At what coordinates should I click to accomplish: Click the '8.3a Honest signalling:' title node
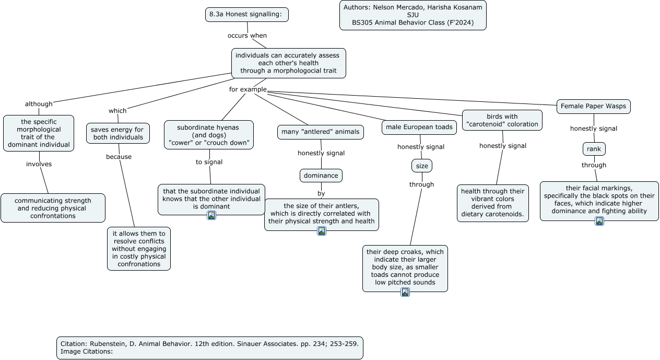click(x=247, y=15)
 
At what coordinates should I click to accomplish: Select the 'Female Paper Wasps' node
click(x=593, y=107)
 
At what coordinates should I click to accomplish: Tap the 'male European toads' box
click(x=419, y=127)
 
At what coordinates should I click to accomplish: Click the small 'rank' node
click(x=594, y=149)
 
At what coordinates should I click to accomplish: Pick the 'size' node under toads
click(x=422, y=166)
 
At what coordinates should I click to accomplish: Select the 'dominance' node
click(x=321, y=176)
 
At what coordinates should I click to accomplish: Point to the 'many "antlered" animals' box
click(x=320, y=132)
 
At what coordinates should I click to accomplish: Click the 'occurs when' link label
click(x=247, y=36)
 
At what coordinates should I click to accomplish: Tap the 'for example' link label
click(x=248, y=89)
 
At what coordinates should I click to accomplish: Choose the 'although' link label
click(x=39, y=104)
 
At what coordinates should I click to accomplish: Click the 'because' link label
click(x=119, y=157)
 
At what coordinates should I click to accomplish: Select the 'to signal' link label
click(x=209, y=162)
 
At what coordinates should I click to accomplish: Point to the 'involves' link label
click(x=39, y=164)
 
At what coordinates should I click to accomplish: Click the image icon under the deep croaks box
click(x=405, y=292)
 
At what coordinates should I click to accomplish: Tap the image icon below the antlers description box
click(x=322, y=231)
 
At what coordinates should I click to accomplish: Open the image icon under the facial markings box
click(x=599, y=221)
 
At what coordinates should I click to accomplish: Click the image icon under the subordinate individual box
click(x=211, y=215)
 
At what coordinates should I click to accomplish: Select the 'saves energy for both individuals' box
click(x=118, y=133)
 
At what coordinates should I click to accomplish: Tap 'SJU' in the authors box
click(x=413, y=15)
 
